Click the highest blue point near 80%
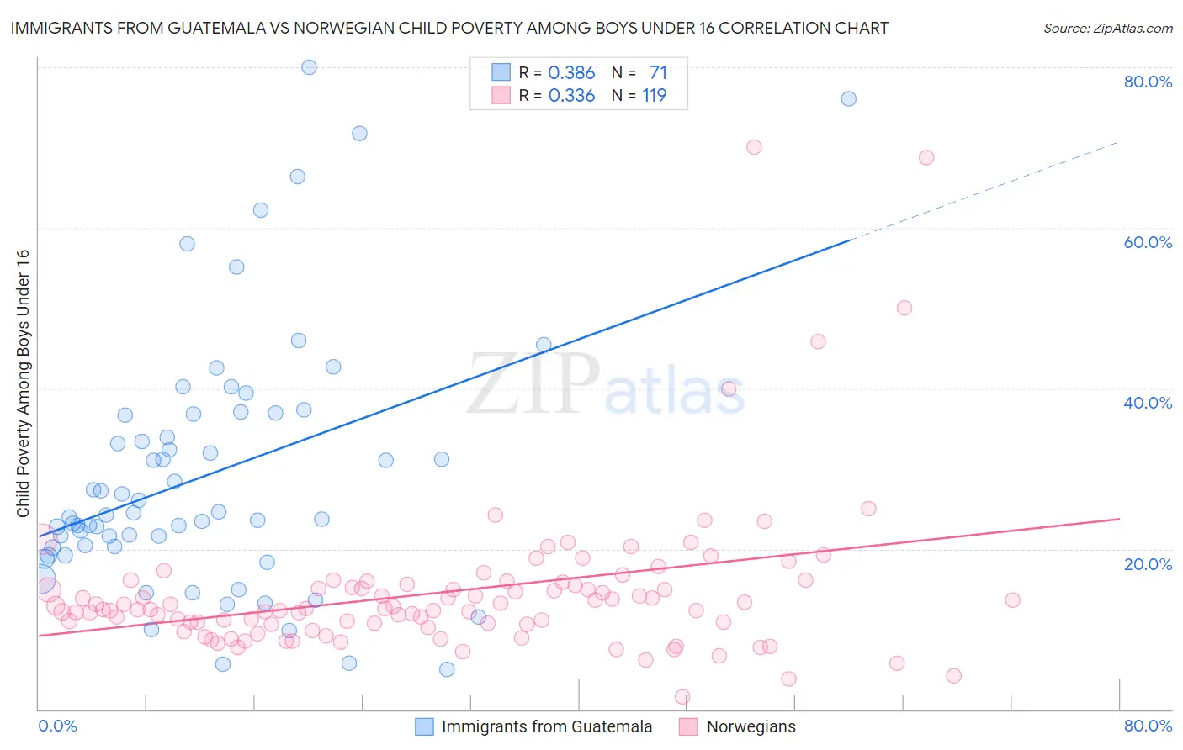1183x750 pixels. pos(309,67)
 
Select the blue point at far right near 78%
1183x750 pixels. pos(848,98)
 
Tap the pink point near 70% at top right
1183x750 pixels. pos(754,147)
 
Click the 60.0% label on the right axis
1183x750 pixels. pos(1148,242)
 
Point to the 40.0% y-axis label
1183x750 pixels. pos(1148,403)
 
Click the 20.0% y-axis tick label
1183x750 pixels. pos(1148,564)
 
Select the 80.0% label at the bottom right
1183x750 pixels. pos(1148,726)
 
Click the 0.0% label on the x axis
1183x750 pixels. pos(57,726)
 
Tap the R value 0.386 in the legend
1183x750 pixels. pos(571,73)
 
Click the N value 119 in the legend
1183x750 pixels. pos(654,96)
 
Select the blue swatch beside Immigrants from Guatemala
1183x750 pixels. pos(425,726)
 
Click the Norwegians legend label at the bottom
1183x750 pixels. pos(751,726)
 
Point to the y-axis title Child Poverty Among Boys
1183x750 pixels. pos(23,383)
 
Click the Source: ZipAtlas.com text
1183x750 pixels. pos(1107,29)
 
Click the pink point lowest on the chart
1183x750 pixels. pos(682,697)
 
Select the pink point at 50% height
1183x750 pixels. pos(904,308)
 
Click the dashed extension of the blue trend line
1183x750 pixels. pos(984,191)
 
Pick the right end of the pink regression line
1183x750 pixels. pos(1118,519)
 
